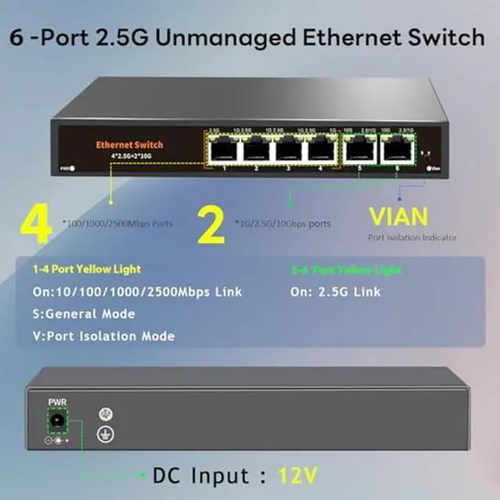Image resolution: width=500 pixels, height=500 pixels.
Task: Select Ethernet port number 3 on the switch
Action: tap(288, 148)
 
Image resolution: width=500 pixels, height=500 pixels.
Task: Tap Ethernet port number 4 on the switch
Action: tap(320, 148)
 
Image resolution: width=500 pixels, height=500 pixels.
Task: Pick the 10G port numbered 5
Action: tap(359, 148)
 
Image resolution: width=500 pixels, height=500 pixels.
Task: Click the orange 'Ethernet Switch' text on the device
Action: tap(130, 145)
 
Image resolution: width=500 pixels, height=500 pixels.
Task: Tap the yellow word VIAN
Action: tap(398, 216)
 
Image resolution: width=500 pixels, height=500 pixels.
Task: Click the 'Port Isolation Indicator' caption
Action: tap(412, 237)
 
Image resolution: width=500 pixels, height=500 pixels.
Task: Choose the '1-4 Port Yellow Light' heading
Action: tap(87, 270)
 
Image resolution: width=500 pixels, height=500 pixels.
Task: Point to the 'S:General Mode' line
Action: tap(84, 314)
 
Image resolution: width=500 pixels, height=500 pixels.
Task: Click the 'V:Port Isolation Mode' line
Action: tap(104, 336)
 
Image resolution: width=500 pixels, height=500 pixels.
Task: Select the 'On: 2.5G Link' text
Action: tap(335, 291)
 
